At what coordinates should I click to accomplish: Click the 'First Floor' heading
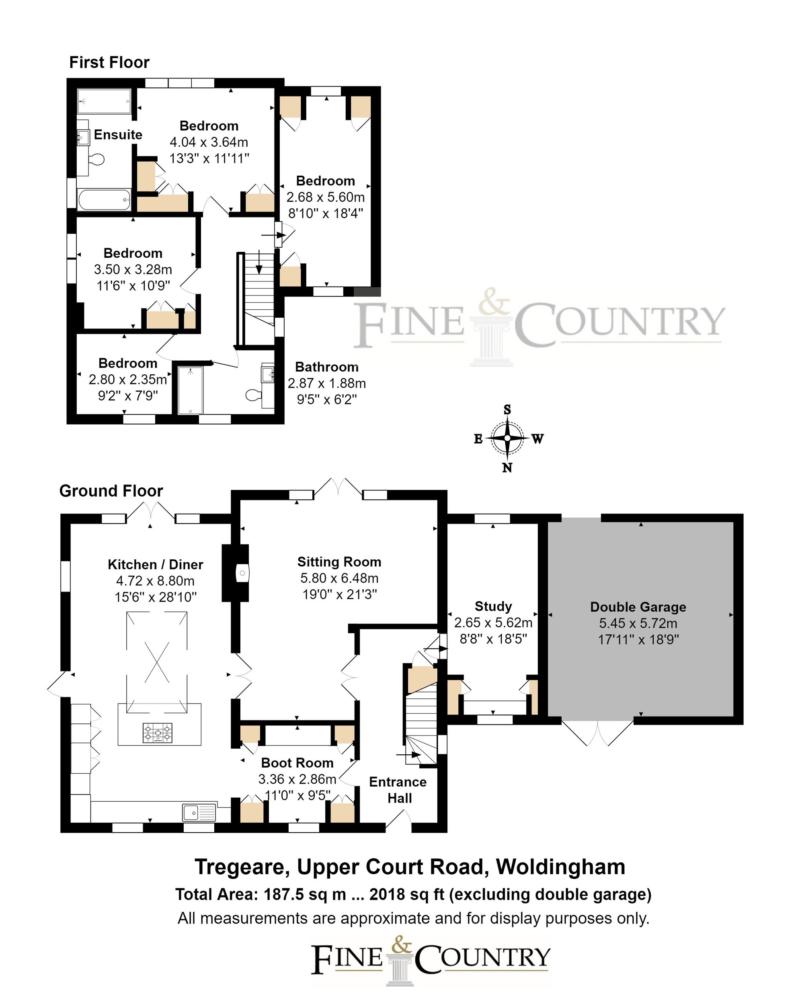(x=109, y=62)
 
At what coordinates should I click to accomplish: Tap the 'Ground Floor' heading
(x=111, y=491)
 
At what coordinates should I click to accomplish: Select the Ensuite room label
(x=118, y=134)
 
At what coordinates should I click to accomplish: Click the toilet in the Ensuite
(x=96, y=159)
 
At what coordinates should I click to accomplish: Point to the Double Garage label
(x=638, y=607)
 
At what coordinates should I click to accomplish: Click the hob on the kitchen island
(x=158, y=733)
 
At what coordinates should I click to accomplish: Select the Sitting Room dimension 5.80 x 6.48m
(x=339, y=578)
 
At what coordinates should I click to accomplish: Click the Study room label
(x=493, y=606)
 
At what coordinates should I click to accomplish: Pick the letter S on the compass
(x=507, y=410)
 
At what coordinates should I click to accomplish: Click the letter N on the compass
(x=507, y=468)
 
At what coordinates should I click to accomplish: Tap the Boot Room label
(x=297, y=762)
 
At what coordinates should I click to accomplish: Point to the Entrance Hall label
(x=398, y=790)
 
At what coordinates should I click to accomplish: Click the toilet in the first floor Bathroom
(x=252, y=395)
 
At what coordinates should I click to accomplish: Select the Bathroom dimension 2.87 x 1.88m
(x=327, y=383)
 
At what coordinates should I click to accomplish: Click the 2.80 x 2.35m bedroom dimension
(x=128, y=379)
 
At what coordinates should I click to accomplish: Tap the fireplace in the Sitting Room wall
(x=241, y=573)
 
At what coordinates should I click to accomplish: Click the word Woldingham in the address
(x=560, y=867)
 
